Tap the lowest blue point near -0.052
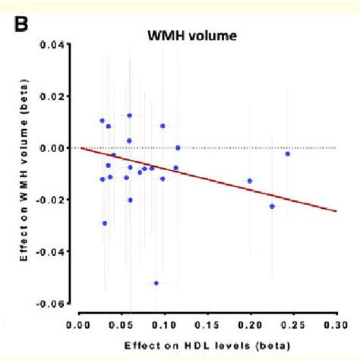(x=156, y=283)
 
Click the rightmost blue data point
(x=287, y=153)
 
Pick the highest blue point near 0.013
(x=129, y=115)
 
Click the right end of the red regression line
(x=335, y=211)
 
